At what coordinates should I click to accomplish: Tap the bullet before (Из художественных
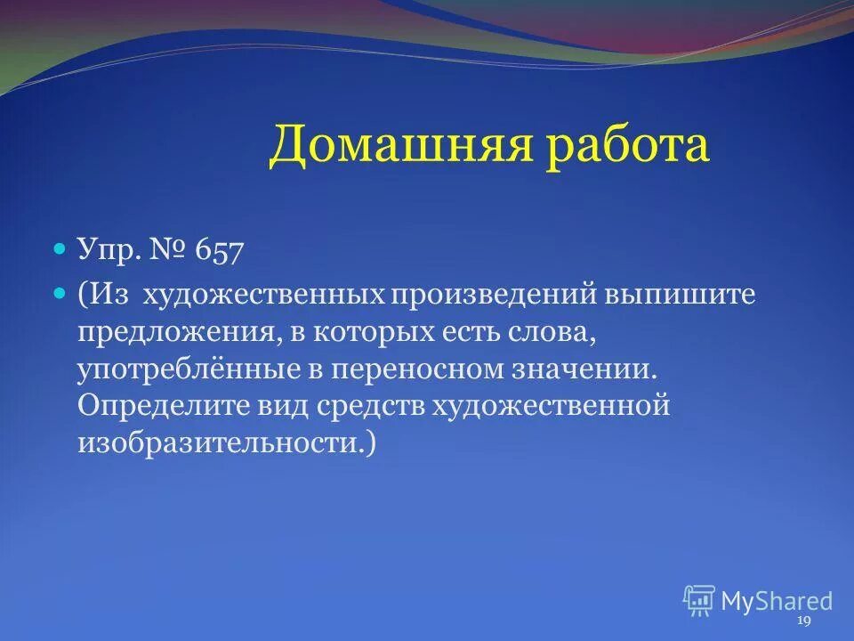tap(60, 292)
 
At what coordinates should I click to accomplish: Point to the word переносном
tap(404, 369)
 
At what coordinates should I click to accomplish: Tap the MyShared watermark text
tap(777, 601)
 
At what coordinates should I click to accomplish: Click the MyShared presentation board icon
tap(699, 601)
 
